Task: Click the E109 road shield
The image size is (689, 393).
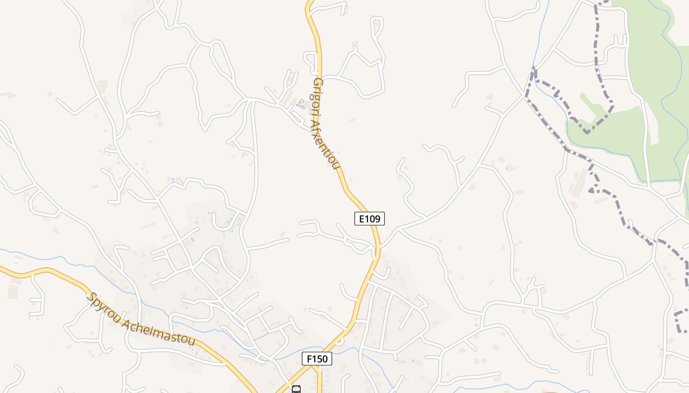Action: (369, 219)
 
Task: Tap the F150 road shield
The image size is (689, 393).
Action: (317, 359)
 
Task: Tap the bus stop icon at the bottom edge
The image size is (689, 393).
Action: (296, 389)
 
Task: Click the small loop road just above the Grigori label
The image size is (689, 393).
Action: (311, 62)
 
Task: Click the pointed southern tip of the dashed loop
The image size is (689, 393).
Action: (587, 132)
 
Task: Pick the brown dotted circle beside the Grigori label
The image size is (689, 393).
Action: (301, 103)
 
